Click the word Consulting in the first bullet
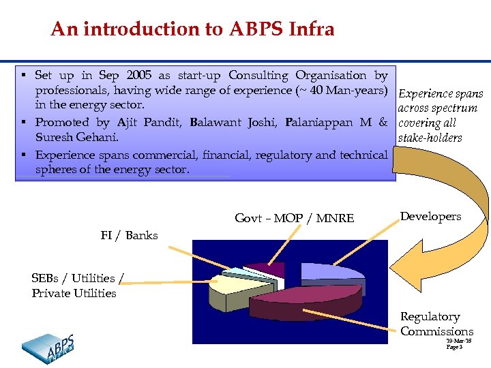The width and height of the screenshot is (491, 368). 258,76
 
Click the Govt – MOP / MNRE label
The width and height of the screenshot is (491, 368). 294,218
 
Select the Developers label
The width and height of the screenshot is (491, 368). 430,217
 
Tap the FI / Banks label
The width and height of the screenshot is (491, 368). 129,236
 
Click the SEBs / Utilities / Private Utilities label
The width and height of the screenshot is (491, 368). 78,286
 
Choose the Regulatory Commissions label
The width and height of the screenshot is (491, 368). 436,324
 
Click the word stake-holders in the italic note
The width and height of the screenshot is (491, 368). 429,138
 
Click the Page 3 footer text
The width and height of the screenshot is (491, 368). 454,347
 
